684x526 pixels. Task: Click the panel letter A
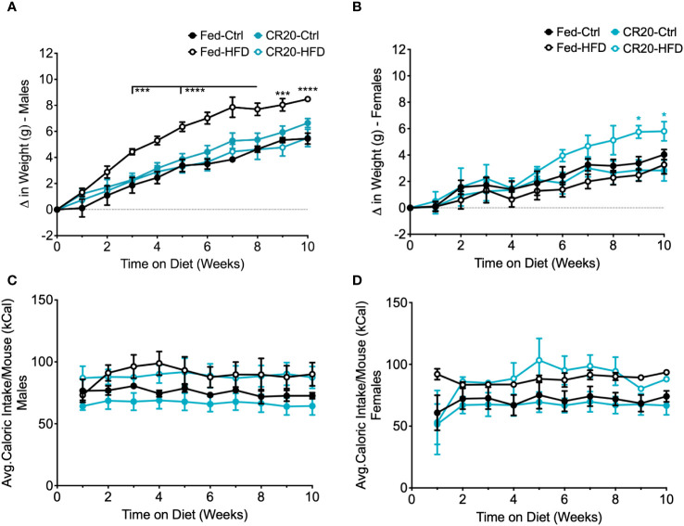8,8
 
